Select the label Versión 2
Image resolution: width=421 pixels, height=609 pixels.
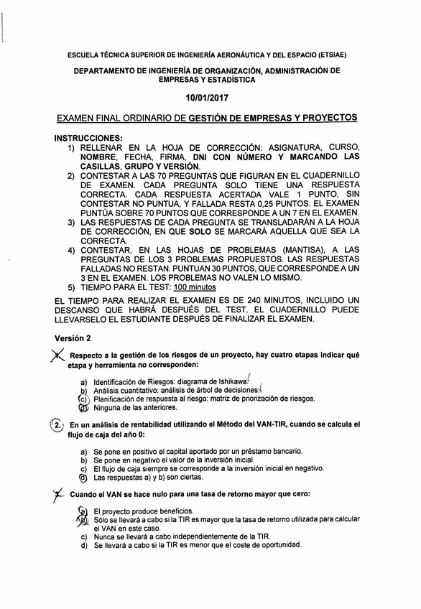(73, 337)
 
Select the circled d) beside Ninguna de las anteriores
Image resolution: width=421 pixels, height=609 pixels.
(83, 407)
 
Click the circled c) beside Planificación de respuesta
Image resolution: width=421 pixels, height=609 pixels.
(83, 398)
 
